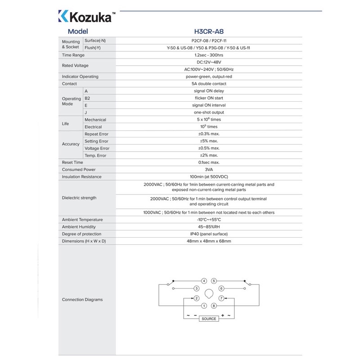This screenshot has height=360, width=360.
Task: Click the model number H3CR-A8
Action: coord(208,31)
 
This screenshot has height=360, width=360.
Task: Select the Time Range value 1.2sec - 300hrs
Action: coord(208,55)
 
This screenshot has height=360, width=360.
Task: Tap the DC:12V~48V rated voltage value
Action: coord(208,62)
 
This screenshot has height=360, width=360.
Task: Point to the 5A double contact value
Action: coord(208,84)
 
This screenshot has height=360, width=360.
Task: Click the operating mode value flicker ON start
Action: coord(208,98)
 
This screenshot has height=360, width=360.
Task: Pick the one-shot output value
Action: coord(208,112)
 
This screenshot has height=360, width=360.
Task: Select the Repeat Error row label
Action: coord(96,134)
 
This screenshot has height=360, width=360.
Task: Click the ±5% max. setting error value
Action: coord(208,141)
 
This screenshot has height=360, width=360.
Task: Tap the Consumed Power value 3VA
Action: coord(208,170)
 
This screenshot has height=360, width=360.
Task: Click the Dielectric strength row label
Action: coord(79,198)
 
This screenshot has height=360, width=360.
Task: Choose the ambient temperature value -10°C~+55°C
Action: coord(208,220)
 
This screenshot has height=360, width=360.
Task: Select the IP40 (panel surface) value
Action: coord(208,234)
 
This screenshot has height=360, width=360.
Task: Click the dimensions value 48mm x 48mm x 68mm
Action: coord(208,241)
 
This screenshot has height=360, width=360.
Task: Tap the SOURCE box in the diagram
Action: coord(209,319)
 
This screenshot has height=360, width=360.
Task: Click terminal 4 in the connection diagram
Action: coord(204,281)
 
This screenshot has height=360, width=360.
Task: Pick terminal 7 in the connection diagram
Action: coord(221,298)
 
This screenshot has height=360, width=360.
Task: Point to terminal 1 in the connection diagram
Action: coord(204,306)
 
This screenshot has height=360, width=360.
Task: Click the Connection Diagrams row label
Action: coord(82,300)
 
